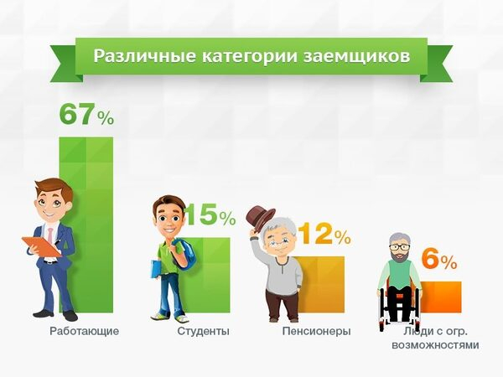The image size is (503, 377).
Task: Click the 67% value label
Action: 86,114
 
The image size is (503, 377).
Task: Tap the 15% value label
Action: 210,214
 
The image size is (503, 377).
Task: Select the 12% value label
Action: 324,233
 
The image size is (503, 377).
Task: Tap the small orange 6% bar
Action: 441,297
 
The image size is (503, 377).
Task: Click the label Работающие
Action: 85,331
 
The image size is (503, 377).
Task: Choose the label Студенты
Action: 204,331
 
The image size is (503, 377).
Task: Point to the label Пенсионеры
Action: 316,331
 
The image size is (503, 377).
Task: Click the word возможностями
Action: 435,345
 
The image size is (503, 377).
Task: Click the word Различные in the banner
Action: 144,56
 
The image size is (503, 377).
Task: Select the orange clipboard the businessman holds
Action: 42,246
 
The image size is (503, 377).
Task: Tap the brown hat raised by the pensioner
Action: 260,218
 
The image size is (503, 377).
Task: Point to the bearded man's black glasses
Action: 399,247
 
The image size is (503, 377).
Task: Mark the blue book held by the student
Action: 156,269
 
